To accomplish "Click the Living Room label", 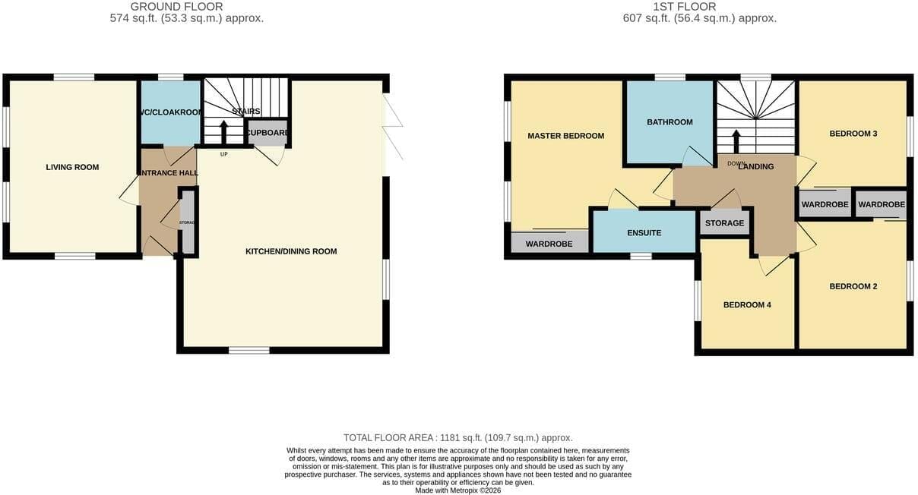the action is (72, 167).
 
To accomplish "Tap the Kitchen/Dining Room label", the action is (291, 251).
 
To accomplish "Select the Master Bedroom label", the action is (565, 136).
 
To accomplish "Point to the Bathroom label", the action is (670, 122).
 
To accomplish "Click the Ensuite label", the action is (644, 233).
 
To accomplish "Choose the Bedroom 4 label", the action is (747, 305).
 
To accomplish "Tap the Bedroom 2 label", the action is (853, 287).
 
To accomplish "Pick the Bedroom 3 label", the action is (853, 134).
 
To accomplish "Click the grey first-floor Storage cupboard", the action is (724, 222).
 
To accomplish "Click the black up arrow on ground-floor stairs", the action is (223, 132).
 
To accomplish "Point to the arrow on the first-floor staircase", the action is (736, 142).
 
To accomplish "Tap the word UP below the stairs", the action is (223, 154).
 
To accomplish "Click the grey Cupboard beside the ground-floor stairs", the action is (267, 133).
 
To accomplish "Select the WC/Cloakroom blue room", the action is (171, 112).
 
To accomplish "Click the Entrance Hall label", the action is (169, 173).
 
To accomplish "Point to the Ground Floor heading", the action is (176, 7).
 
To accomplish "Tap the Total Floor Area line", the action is (457, 437).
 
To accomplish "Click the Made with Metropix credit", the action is (457, 490).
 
